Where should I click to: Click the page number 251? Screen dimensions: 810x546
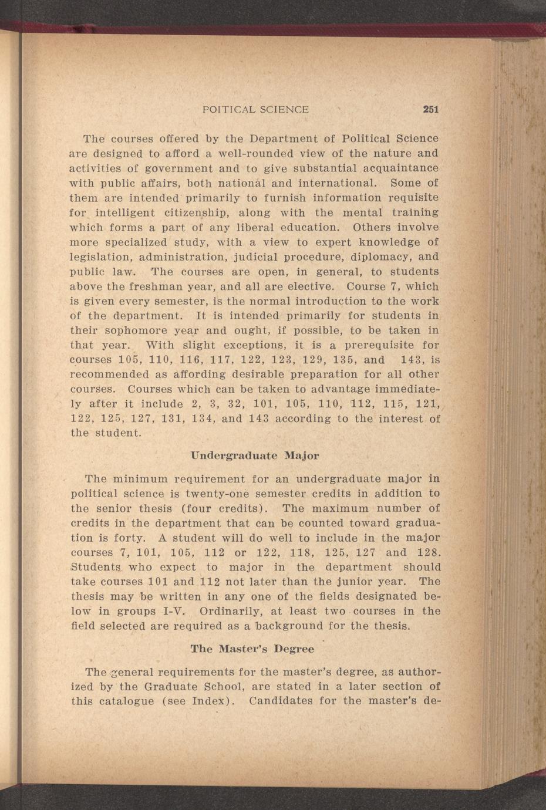click(x=431, y=109)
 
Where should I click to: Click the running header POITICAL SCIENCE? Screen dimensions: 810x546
click(x=255, y=109)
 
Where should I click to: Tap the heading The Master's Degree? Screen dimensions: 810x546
click(x=252, y=649)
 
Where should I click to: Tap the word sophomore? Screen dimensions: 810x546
click(x=139, y=331)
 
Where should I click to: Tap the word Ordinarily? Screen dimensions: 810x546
click(x=228, y=612)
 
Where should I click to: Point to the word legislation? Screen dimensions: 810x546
click(x=101, y=257)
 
